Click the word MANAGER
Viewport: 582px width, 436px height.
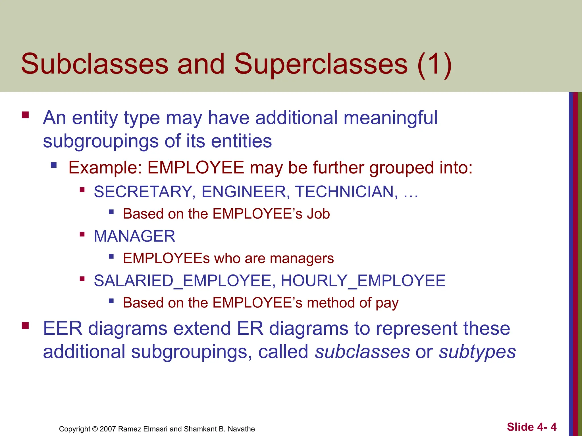click(x=134, y=236)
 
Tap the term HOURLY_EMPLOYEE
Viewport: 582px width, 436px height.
click(x=363, y=281)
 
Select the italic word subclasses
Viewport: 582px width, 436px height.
click(x=362, y=352)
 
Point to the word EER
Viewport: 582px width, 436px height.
click(x=63, y=328)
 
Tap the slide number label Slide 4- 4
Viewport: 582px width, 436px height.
click(x=532, y=427)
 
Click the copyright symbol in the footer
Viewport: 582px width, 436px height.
click(x=95, y=429)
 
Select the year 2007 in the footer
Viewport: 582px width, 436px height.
click(x=107, y=429)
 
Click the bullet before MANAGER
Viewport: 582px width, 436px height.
click(x=82, y=234)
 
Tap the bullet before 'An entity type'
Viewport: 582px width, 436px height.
click(x=25, y=115)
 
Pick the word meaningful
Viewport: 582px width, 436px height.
click(x=390, y=118)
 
